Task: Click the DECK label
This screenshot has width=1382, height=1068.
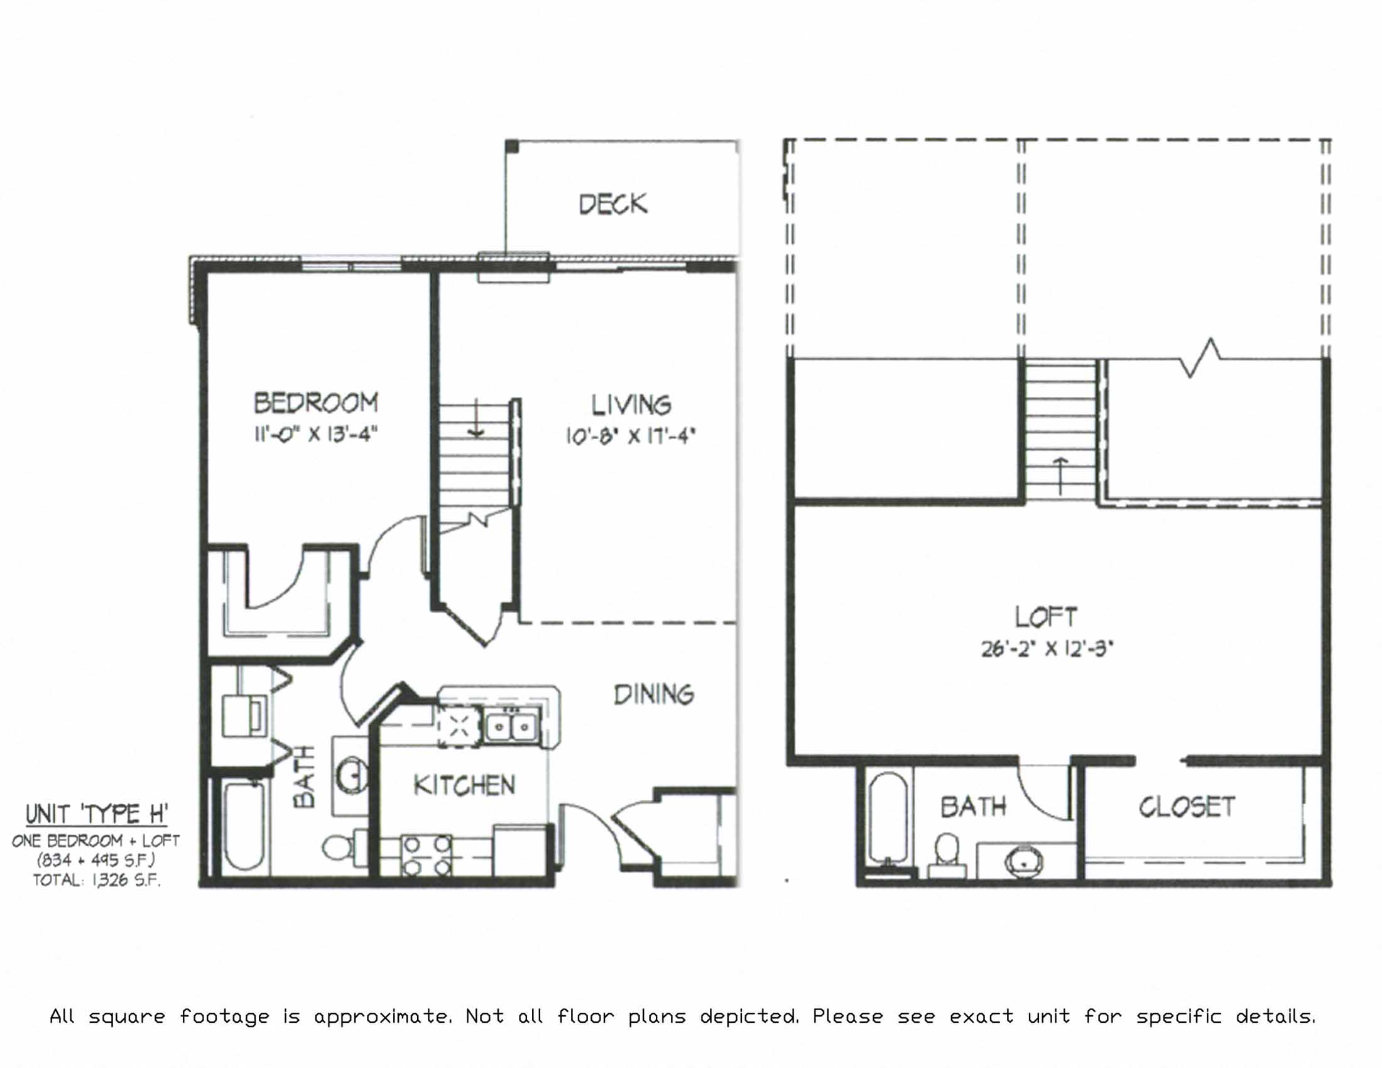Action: coord(612,204)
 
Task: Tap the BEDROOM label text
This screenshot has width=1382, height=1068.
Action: coord(316,403)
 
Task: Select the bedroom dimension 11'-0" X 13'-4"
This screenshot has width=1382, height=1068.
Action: coord(316,435)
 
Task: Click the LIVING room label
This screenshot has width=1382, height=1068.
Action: coord(631,405)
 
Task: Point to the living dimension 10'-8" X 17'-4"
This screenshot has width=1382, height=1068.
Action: coord(630,436)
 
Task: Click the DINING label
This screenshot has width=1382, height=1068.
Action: coord(654,695)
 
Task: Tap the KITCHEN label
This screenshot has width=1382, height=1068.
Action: coord(464,785)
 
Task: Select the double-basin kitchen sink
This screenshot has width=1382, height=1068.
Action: coord(512,727)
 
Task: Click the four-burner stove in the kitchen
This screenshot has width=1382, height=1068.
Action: coord(428,856)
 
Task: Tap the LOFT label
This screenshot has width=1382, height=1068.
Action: coord(1046,617)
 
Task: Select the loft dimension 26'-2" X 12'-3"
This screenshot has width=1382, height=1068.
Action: coord(1047,649)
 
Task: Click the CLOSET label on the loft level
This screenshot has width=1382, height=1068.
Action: coord(1187,807)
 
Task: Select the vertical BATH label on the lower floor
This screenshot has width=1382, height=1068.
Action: coord(305,776)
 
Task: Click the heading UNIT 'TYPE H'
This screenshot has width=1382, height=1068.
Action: coord(96,814)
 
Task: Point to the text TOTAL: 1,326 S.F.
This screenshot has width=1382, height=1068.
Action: coord(96,880)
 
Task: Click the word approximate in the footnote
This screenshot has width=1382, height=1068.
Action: coord(383,1016)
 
